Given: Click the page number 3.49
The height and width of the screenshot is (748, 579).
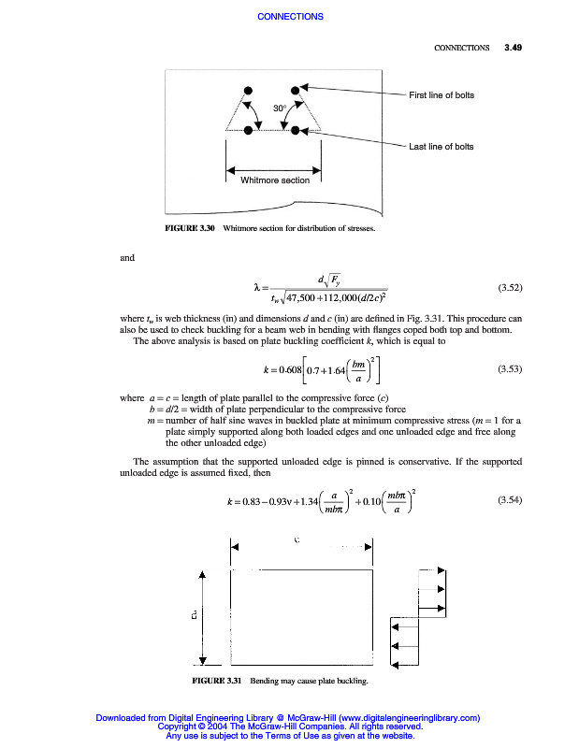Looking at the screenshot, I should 513,47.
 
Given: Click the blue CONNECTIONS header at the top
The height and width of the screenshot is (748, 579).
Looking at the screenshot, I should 289,17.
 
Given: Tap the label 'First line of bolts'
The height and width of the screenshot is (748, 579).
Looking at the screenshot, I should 441,96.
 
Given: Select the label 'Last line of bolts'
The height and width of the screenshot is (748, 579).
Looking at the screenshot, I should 441,147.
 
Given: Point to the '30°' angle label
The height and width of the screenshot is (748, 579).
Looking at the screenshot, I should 279,108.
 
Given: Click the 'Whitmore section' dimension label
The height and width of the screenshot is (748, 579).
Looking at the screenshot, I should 275,180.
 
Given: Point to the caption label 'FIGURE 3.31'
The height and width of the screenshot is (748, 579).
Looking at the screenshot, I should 216,680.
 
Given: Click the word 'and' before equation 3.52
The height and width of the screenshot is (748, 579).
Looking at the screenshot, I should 128,257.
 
